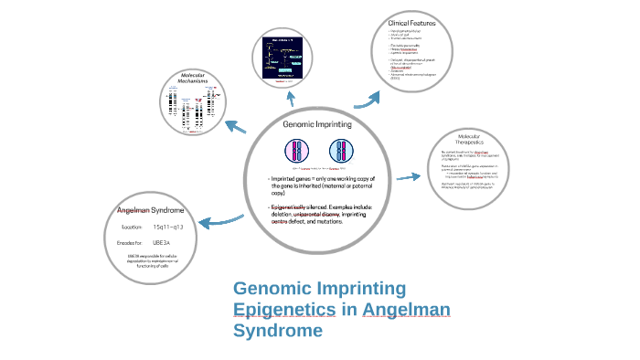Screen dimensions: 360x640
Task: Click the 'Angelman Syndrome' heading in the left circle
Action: [151, 210]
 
